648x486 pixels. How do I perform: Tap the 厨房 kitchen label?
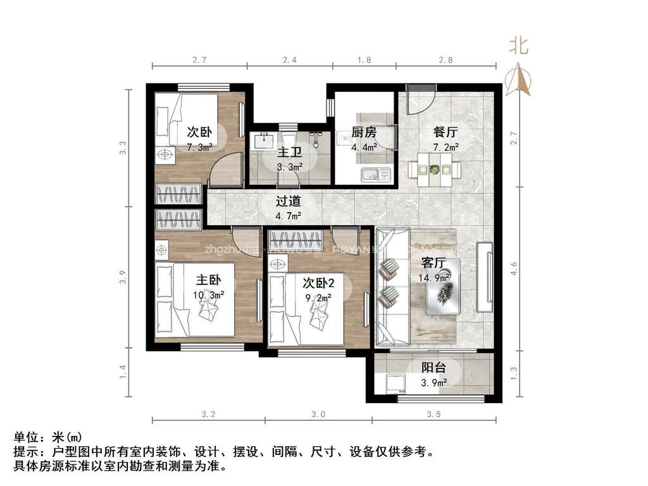tap(364, 133)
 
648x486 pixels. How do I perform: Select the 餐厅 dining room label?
tap(445, 133)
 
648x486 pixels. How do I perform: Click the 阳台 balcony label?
tap(434, 368)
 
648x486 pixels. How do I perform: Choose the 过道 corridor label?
tap(289, 202)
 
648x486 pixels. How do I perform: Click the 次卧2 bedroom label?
tap(319, 282)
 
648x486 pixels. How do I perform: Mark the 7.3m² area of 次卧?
tap(199, 147)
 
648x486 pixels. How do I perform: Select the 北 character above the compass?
tap(520, 46)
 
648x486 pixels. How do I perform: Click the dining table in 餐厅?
tap(434, 170)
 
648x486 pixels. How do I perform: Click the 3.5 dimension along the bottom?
tap(433, 415)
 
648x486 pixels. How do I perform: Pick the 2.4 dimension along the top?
tap(289, 60)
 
